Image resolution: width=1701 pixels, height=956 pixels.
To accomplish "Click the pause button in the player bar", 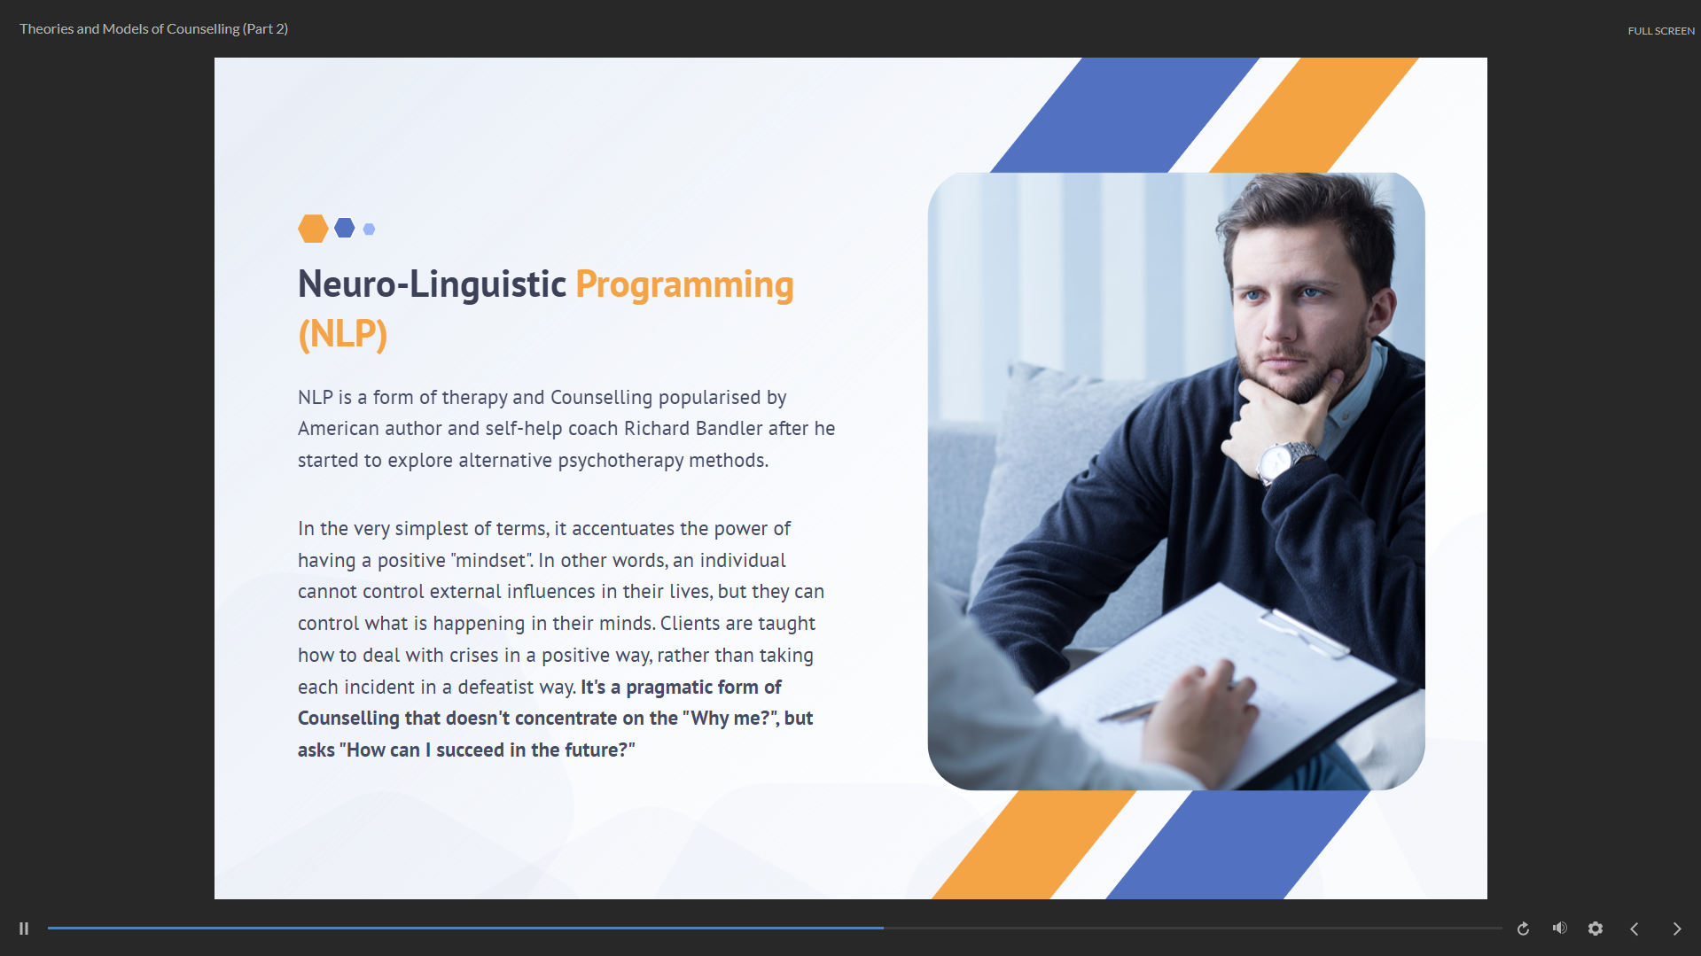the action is (x=24, y=929).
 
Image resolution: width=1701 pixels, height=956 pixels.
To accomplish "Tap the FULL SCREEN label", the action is (x=1661, y=31).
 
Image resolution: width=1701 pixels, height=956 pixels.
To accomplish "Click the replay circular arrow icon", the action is (x=1523, y=929).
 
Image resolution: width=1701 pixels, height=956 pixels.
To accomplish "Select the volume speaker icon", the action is (x=1560, y=928).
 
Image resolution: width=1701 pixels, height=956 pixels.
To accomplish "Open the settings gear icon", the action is (x=1596, y=929).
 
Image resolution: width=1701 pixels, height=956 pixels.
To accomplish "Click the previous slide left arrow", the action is (x=1635, y=929).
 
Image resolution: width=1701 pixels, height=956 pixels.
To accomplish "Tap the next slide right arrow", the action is (x=1677, y=929).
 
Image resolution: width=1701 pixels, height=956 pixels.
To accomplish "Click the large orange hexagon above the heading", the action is (x=313, y=229).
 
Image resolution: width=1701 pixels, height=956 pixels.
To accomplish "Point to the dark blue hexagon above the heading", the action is (x=345, y=228).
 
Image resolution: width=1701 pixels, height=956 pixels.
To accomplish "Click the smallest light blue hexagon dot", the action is (x=370, y=229).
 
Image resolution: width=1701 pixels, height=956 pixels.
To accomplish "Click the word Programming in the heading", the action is (x=684, y=285).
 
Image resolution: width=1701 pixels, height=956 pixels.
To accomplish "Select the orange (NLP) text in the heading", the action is (x=343, y=334).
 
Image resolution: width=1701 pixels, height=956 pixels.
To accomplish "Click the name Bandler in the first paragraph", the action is (x=729, y=429).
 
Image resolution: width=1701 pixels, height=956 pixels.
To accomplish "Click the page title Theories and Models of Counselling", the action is (x=129, y=29).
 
